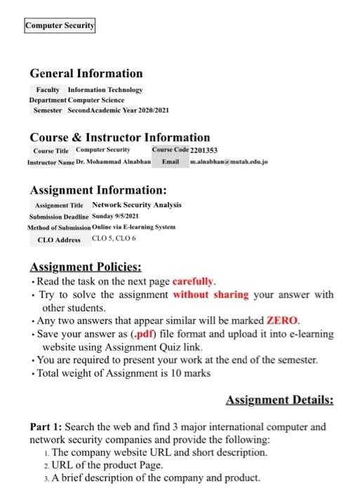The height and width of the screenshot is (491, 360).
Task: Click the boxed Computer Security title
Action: pos(60,26)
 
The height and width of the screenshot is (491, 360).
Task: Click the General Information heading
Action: pos(86,74)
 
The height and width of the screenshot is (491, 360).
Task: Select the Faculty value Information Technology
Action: pos(105,90)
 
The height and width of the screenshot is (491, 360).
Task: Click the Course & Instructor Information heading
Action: pos(119,137)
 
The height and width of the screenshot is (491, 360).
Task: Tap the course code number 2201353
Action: pos(204,151)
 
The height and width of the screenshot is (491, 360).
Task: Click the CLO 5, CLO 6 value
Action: pos(114,238)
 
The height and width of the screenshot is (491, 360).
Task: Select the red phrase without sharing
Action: pos(211,295)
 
